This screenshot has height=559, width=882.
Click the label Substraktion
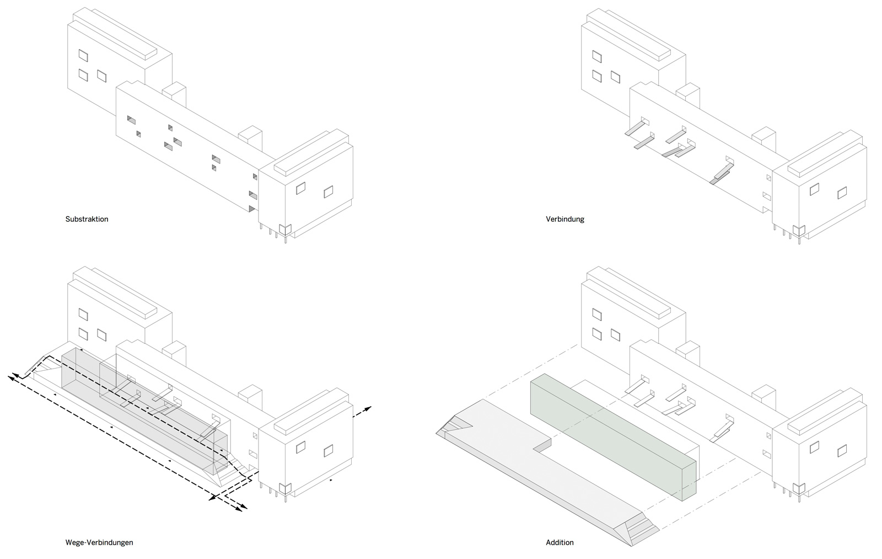click(x=87, y=219)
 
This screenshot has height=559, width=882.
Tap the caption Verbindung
click(x=565, y=219)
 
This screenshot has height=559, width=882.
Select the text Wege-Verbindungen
click(x=99, y=542)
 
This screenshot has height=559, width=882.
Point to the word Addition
click(x=560, y=542)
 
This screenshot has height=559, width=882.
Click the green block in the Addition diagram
click(x=612, y=436)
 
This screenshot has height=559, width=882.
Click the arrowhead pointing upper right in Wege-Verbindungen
click(x=368, y=408)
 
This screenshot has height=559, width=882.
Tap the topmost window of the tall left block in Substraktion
click(x=83, y=55)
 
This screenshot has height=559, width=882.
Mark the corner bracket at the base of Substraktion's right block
click(x=284, y=229)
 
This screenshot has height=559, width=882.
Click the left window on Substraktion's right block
click(x=300, y=188)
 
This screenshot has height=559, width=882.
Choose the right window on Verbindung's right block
click(x=842, y=193)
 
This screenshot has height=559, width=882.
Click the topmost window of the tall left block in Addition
click(x=597, y=315)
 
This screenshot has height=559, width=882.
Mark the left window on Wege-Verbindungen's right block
click(x=300, y=447)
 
